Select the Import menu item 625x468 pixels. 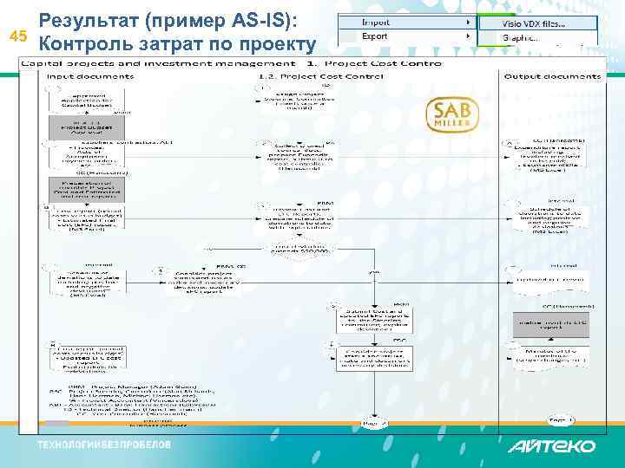click(377, 22)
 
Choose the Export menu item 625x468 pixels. click(376, 37)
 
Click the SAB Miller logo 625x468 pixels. click(451, 116)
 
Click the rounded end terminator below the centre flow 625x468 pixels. click(375, 424)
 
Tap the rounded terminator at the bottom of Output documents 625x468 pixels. click(560, 419)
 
